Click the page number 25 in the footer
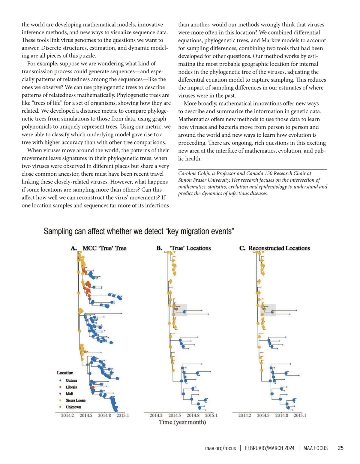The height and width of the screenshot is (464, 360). tap(340, 448)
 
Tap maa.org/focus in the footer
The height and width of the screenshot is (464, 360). tap(220, 448)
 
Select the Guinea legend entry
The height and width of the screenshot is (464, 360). tap(71, 381)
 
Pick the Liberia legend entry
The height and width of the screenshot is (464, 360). tap(71, 387)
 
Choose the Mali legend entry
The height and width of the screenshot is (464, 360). tap(69, 394)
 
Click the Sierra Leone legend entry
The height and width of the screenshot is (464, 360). tap(76, 400)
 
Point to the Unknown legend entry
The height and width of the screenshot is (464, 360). tap(73, 407)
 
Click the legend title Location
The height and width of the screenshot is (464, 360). tap(65, 373)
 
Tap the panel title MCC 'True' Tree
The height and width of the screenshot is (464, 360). tap(104, 248)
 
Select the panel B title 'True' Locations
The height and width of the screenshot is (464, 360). tap(190, 248)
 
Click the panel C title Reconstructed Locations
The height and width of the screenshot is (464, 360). tap(279, 248)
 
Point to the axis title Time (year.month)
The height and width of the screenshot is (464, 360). tap(182, 422)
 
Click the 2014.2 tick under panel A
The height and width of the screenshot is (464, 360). tap(67, 415)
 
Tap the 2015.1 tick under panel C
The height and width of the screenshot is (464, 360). tap(300, 415)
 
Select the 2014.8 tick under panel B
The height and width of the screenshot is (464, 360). tap(193, 415)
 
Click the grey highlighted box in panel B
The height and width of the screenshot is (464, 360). tap(179, 310)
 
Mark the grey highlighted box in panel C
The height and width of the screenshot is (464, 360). tap(268, 310)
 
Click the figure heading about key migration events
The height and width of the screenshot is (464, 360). tap(139, 231)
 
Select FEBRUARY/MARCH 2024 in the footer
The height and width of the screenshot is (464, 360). tap(269, 448)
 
